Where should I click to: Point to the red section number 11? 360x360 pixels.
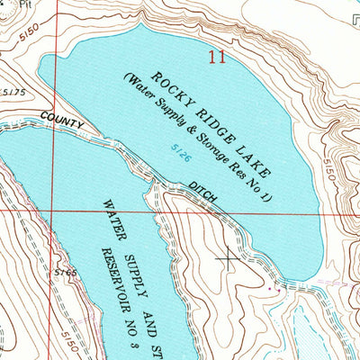216,58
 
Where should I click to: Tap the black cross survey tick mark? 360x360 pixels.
228,258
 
